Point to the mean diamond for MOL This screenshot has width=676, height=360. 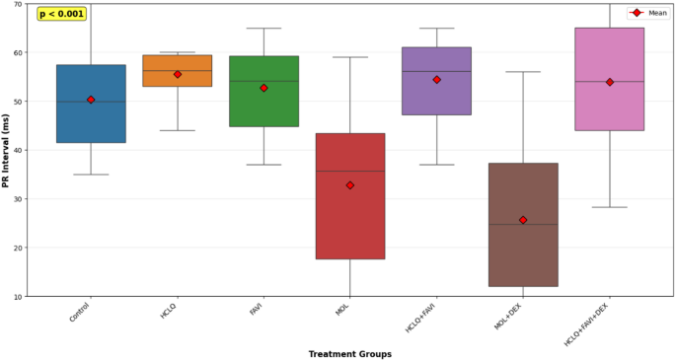350,185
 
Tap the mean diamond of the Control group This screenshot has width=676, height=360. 91,100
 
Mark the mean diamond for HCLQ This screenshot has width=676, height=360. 178,74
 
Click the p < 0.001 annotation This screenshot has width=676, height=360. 61,14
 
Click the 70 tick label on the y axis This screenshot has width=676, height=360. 17,4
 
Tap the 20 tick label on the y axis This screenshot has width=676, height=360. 17,248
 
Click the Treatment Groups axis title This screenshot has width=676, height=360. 349,353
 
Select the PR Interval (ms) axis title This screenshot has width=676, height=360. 7,150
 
